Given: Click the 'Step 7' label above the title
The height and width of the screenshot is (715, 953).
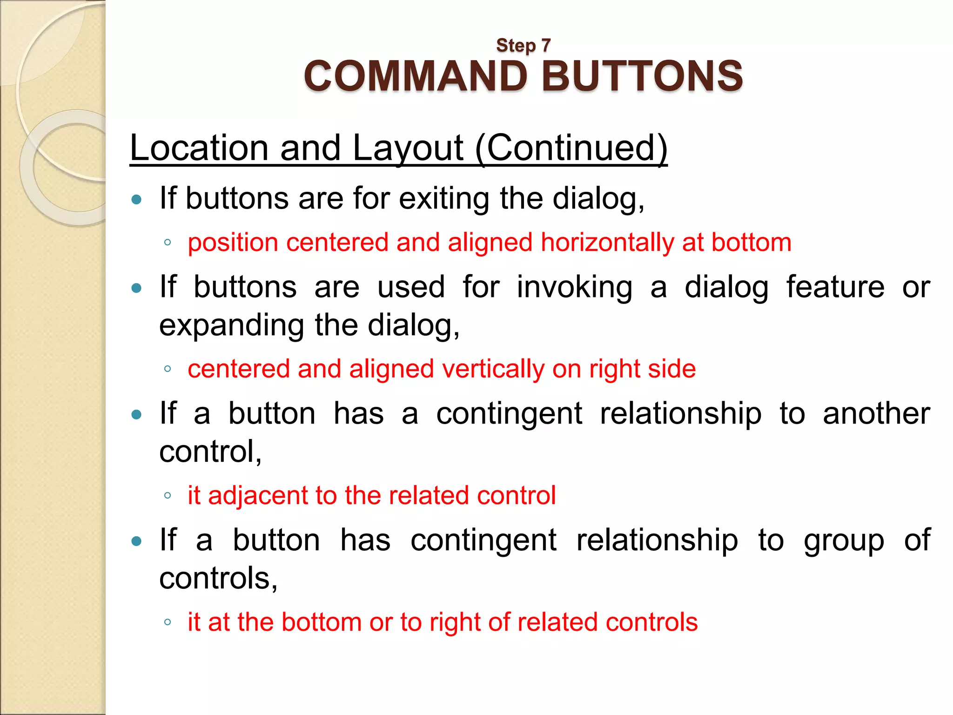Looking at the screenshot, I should pyautogui.click(x=523, y=46).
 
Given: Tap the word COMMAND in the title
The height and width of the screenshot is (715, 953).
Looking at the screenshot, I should pyautogui.click(x=416, y=76).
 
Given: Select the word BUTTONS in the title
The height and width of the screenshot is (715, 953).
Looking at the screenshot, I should pyautogui.click(x=642, y=76).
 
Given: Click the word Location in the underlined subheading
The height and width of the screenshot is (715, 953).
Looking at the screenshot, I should pyautogui.click(x=199, y=148).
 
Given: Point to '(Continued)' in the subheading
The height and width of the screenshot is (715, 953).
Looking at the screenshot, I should pyautogui.click(x=571, y=148).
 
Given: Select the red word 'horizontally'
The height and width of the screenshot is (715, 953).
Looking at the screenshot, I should pyautogui.click(x=607, y=243).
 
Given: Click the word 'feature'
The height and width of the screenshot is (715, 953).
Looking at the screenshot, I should pyautogui.click(x=835, y=287).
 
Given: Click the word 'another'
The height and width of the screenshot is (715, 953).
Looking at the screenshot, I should pyautogui.click(x=876, y=413).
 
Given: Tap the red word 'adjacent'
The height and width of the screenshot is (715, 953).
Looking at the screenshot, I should pyautogui.click(x=257, y=495).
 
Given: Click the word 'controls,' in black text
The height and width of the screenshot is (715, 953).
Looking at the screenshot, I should pyautogui.click(x=218, y=578).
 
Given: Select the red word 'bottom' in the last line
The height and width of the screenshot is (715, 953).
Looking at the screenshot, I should pyautogui.click(x=321, y=622).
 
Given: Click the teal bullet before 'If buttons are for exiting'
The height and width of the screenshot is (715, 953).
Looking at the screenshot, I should pyautogui.click(x=136, y=200).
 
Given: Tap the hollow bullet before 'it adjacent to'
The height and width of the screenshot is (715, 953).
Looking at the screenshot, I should pyautogui.click(x=168, y=496).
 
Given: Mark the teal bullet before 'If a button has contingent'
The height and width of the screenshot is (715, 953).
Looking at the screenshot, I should pyautogui.click(x=136, y=541).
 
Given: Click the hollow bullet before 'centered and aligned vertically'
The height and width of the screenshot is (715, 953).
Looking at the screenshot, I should pyautogui.click(x=168, y=369).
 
